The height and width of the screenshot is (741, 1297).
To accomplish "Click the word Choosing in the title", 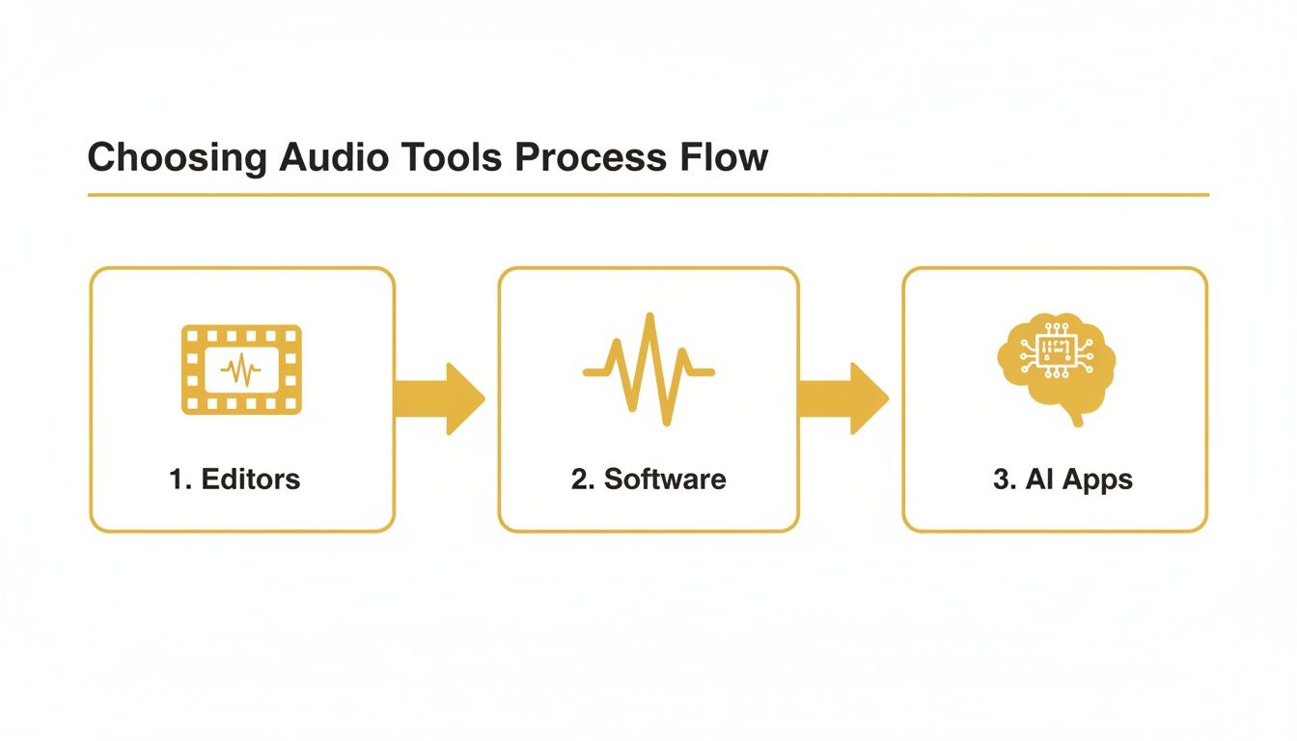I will (177, 156).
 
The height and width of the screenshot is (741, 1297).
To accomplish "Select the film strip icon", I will (241, 370).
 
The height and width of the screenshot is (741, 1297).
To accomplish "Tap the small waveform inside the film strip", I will (241, 370).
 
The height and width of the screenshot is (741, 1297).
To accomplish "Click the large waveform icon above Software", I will (648, 370).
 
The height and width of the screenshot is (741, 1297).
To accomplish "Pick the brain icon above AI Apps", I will (1055, 365).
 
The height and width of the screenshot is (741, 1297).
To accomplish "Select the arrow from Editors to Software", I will (442, 398).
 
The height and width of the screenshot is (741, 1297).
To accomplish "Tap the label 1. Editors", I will (235, 479).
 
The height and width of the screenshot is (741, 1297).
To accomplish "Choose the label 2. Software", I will (648, 479).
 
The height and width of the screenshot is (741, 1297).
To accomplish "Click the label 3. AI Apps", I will (1062, 480).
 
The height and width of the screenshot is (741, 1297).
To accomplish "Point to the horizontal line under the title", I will (648, 195).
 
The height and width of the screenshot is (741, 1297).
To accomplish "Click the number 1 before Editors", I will (176, 479).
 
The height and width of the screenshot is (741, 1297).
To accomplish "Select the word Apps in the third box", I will (1097, 480).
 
